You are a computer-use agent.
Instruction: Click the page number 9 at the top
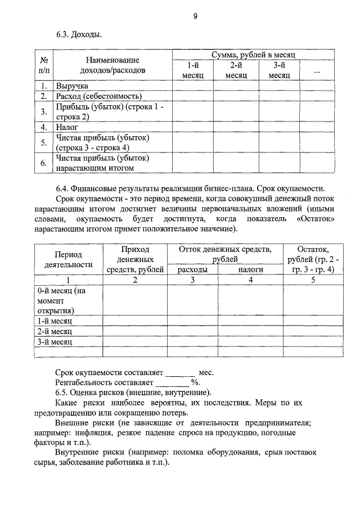(x=195, y=16)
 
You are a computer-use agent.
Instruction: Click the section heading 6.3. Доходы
(x=79, y=35)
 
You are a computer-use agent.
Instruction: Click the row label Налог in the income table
(x=67, y=127)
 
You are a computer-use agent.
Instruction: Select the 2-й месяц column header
(x=236, y=70)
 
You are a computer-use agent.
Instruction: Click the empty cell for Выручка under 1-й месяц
(x=192, y=86)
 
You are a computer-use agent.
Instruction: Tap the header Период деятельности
(x=68, y=259)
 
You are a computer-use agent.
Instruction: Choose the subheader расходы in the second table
(x=192, y=270)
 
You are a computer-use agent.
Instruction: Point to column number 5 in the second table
(x=313, y=280)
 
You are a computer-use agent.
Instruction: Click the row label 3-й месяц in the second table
(x=55, y=341)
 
